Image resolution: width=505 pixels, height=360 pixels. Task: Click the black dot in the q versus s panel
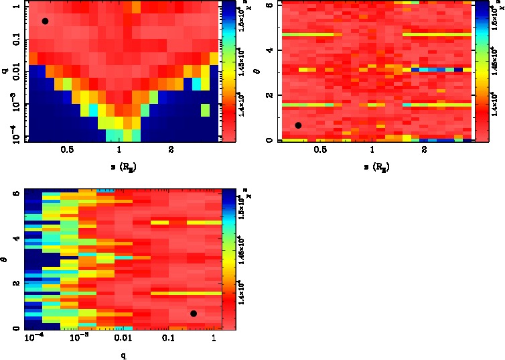click(45, 21)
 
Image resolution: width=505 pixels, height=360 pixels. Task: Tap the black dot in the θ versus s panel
click(298, 125)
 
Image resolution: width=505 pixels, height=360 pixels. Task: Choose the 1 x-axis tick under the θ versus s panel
click(372, 150)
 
